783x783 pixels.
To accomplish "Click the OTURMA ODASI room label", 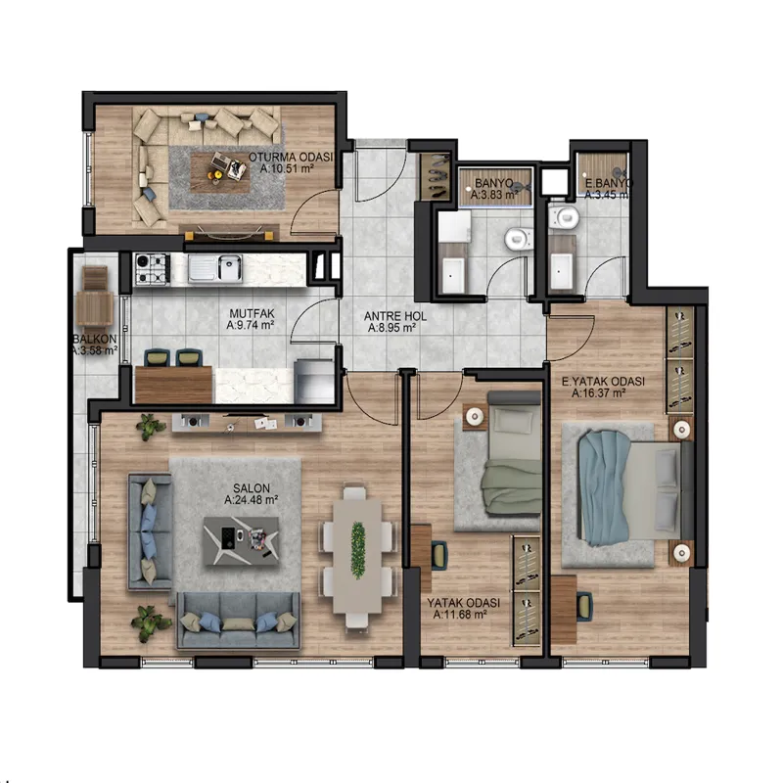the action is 291,157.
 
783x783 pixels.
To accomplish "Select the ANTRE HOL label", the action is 395,316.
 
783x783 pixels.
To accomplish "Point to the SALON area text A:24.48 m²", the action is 252,500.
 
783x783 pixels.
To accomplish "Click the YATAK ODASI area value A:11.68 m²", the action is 460,615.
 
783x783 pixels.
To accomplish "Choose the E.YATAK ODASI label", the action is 603,382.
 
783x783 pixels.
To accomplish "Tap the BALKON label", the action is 95,339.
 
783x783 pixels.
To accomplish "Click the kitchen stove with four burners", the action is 152,269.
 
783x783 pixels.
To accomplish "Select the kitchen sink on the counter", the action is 215,268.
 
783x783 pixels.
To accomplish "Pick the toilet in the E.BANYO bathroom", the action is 564,216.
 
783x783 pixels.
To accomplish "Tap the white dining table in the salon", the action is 357,550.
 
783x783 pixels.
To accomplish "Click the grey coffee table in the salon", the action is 242,541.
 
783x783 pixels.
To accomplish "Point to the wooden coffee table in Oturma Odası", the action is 219,173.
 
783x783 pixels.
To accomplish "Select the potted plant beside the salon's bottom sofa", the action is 149,622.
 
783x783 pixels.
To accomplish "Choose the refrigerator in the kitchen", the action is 313,381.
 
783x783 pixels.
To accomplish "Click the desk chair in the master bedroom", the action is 583,606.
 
